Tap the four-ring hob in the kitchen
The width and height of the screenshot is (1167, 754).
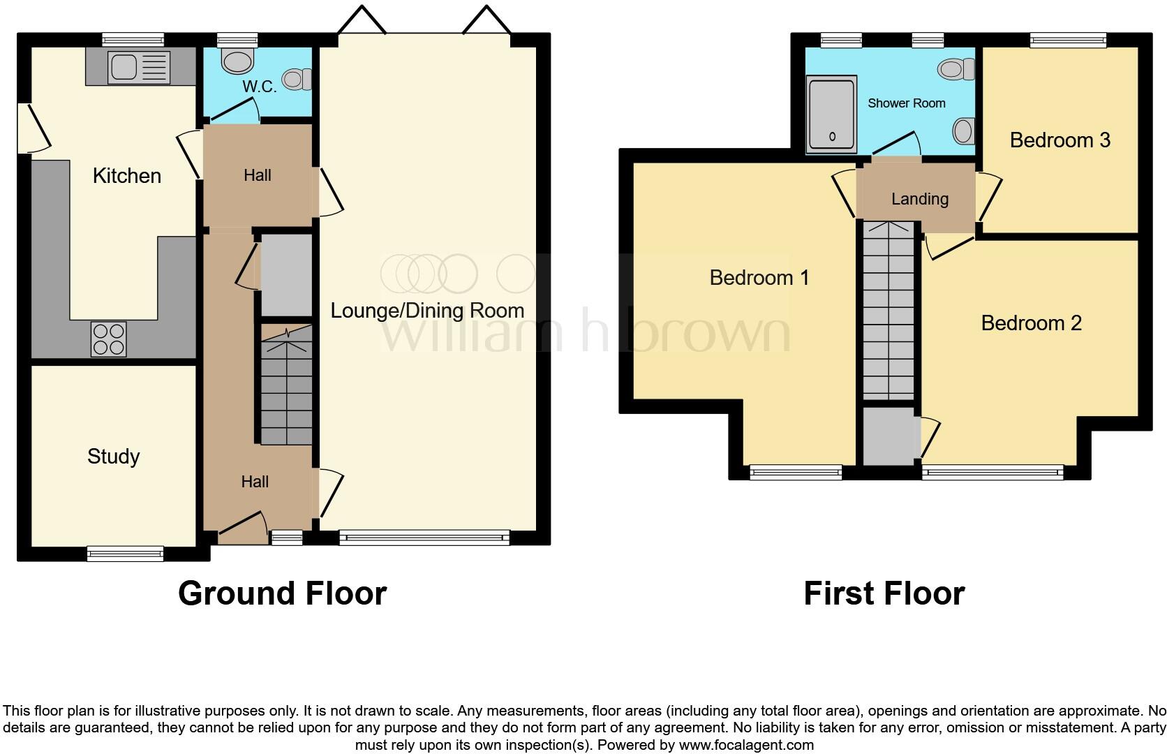coord(108,339)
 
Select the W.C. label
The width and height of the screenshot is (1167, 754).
coord(260,87)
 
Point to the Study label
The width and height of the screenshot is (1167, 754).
coord(113,457)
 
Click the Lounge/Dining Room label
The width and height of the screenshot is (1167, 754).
coord(426,311)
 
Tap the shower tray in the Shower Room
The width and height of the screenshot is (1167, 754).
coord(831,116)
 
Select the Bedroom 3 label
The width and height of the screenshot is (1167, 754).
coord(1060,140)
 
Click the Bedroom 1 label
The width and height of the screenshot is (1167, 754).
coord(759,278)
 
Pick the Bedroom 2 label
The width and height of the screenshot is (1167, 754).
coord(1031,323)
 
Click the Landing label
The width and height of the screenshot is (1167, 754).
coord(919,199)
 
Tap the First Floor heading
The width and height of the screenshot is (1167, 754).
coord(884,593)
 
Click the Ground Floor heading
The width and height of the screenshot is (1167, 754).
coord(282,593)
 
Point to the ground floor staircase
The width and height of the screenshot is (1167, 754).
coord(287,387)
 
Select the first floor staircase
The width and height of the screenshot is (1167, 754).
coord(889,311)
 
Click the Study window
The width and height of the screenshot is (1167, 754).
coord(125,554)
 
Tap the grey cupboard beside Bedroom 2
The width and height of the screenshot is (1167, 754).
coord(889,437)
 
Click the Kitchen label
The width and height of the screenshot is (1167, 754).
coord(127,176)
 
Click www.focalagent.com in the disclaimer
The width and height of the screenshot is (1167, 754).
coord(745,745)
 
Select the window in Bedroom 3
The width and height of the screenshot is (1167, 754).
coord(1068,41)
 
